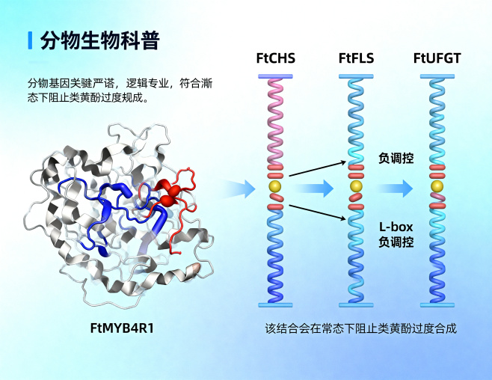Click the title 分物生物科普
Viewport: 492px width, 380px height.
pyautogui.click(x=99, y=40)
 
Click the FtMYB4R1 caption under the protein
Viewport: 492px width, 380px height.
pyautogui.click(x=126, y=328)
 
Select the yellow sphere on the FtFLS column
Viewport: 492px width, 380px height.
pyautogui.click(x=355, y=186)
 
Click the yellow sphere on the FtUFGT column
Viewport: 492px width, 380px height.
pyautogui.click(x=437, y=186)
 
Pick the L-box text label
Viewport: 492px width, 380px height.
pyautogui.click(x=396, y=227)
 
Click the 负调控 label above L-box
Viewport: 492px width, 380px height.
pyautogui.click(x=396, y=159)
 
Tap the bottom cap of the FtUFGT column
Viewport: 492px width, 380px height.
pyautogui.click(x=437, y=304)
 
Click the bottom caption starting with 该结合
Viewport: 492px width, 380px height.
pyautogui.click(x=360, y=328)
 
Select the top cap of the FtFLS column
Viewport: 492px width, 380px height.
pyautogui.click(x=355, y=76)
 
